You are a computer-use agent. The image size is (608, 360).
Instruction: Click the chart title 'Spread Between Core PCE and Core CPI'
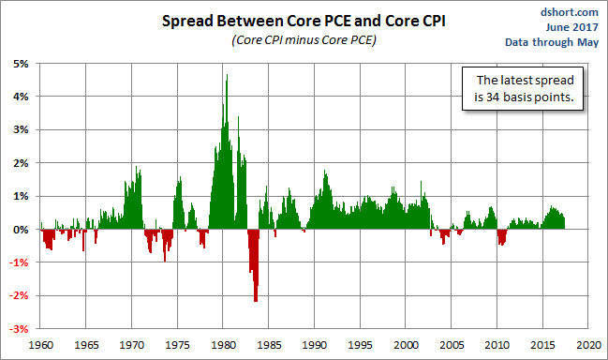(x=304, y=21)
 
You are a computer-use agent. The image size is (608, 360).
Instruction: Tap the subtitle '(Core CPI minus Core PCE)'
(x=304, y=40)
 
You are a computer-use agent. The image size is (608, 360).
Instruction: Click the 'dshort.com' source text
(x=570, y=12)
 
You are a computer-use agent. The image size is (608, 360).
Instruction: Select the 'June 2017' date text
(x=572, y=27)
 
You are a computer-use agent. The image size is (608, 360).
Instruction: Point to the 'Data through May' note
(x=552, y=42)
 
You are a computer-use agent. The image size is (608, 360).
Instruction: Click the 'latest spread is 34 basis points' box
(x=523, y=88)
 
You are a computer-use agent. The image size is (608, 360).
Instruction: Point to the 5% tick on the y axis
(x=21, y=64)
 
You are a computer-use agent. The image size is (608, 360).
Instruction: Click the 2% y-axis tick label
(x=21, y=163)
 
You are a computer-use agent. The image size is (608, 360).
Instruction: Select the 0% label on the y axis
(x=21, y=230)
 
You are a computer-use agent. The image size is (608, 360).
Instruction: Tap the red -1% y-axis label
(x=19, y=262)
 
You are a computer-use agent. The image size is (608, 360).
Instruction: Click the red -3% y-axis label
(x=19, y=329)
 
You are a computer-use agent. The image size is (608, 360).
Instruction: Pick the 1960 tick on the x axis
(x=40, y=345)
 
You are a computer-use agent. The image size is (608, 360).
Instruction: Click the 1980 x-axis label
(x=223, y=345)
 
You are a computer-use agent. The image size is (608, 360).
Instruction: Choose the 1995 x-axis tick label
(x=361, y=345)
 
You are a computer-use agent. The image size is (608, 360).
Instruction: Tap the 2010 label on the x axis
(x=497, y=345)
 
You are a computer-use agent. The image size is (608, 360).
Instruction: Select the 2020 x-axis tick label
(x=588, y=345)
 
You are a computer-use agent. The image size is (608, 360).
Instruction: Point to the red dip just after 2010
(x=502, y=237)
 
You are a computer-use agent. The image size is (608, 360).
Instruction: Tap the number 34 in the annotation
(x=493, y=97)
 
